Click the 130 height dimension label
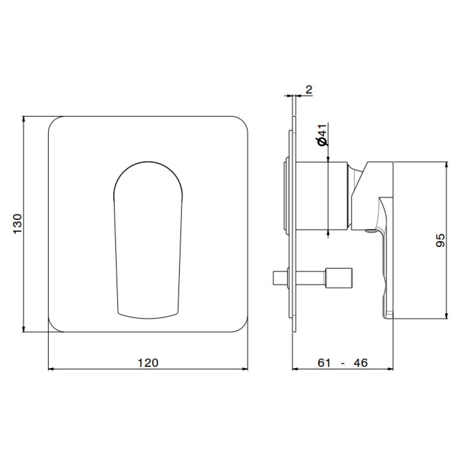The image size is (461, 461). point(18,224)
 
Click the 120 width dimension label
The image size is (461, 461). point(148,363)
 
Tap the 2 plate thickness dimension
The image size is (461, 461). point(309,89)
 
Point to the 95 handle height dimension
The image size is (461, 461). point(440,240)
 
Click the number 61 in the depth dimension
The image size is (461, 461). point(324,363)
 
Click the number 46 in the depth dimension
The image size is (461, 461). point(361,363)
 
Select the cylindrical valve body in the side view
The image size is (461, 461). point(322,196)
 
